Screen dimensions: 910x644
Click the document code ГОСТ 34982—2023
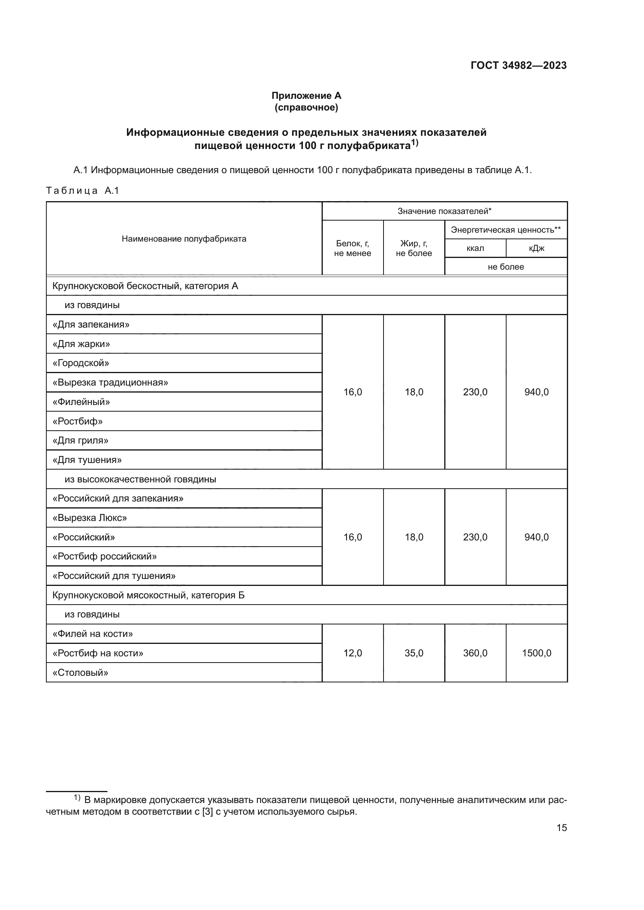coord(518,65)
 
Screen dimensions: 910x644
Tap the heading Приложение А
coord(306,96)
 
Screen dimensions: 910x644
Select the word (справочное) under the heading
coord(306,107)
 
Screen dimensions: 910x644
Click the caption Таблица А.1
coord(83,191)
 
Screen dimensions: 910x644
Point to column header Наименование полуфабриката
coord(184,238)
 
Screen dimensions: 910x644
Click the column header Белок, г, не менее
coord(352,248)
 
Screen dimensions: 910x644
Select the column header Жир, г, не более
coord(413,248)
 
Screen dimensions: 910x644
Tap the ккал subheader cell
coord(475,248)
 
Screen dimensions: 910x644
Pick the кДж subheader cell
coord(536,248)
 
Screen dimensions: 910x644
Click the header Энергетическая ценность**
coord(506,230)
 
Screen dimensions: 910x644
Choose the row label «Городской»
coord(81,363)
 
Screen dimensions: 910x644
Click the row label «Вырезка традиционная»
coord(110,382)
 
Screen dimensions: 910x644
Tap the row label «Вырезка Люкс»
coord(90,517)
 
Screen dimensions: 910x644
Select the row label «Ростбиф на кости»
coord(98,653)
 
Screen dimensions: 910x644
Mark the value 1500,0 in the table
coord(536,653)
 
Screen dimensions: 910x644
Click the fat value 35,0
coord(413,653)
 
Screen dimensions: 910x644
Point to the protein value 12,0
coord(352,653)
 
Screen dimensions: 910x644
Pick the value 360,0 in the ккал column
coord(475,653)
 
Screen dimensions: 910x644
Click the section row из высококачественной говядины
coord(141,479)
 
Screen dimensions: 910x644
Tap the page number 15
coord(561,828)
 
